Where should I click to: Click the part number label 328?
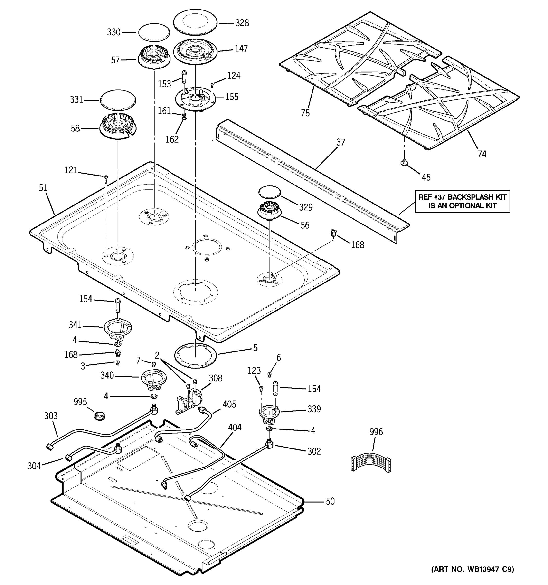tap(242, 23)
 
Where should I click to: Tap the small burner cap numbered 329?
tap(269, 192)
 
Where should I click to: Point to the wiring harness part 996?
tap(371, 464)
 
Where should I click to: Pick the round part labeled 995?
tap(100, 416)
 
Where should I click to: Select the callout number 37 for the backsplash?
tap(340, 142)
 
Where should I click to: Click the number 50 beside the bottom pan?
tap(330, 501)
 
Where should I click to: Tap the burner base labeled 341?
tap(118, 329)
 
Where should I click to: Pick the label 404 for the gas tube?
tap(235, 427)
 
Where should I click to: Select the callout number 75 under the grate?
tap(305, 113)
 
